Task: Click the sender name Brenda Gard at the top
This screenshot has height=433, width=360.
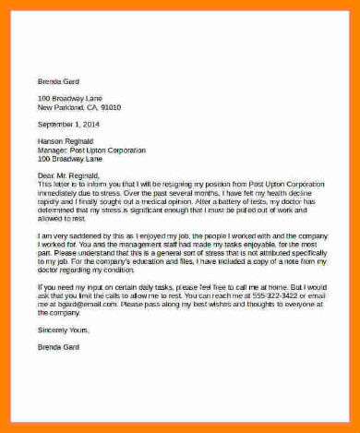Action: click(57, 80)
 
